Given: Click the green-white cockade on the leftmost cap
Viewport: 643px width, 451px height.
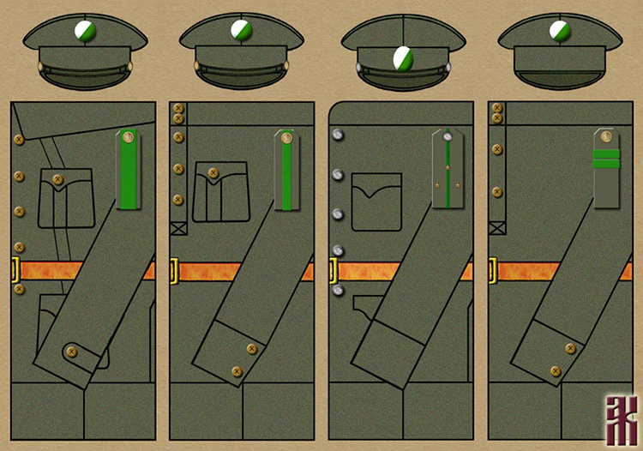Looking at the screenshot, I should click(85, 32).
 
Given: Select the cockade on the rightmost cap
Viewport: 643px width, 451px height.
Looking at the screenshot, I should click(560, 31).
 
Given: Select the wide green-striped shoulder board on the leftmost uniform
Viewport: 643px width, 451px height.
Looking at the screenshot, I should click(127, 169).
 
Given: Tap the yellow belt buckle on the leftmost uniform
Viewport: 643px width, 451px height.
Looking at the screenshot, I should click(15, 270).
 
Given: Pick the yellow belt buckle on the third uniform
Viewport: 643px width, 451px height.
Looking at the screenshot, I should click(334, 271).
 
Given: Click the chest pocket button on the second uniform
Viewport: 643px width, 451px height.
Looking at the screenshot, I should click(213, 174).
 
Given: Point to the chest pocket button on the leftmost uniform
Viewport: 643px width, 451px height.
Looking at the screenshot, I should click(58, 180).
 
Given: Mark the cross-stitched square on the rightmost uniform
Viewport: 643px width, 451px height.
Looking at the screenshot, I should click(495, 228).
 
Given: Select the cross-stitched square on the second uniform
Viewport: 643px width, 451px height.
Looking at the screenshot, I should click(177, 228).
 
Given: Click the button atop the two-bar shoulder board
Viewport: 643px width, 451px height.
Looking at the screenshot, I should click(606, 137).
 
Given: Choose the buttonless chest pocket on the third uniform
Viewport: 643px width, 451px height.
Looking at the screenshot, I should click(376, 201).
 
